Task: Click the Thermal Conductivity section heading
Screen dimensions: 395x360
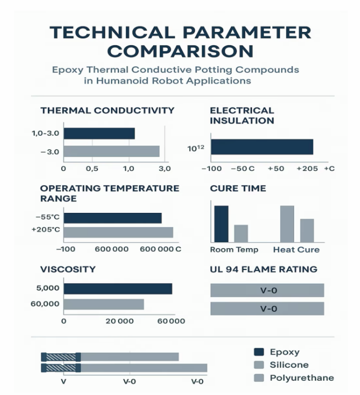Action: [107, 110]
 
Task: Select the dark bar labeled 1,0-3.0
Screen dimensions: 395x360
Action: [99, 133]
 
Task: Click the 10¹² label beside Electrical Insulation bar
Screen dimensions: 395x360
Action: [196, 147]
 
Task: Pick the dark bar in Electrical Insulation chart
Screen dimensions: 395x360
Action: [262, 147]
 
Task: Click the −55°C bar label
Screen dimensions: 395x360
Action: [47, 218]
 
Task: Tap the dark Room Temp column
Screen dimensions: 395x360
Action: [221, 224]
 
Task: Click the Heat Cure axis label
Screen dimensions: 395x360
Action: [296, 250]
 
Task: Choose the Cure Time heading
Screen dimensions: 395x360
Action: [238, 188]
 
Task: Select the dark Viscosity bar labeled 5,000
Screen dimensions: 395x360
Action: [118, 289]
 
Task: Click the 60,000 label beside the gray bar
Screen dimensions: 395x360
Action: [45, 303]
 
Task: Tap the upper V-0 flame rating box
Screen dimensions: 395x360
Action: [267, 290]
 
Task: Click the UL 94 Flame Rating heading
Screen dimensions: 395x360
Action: [263, 269]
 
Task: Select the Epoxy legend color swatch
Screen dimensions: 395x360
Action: [259, 352]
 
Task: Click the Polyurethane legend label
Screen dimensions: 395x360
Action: [302, 378]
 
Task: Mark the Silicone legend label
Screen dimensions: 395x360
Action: [289, 365]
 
